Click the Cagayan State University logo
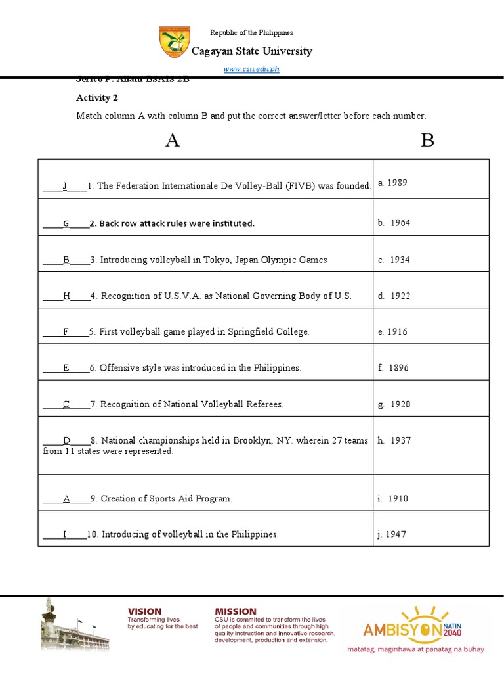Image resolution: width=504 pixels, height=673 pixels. click(173, 42)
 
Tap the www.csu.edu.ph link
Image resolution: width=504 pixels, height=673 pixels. click(251, 70)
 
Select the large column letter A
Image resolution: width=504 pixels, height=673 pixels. click(173, 141)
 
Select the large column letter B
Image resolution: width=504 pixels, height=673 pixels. click(427, 141)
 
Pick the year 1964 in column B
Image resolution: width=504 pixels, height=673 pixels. click(400, 223)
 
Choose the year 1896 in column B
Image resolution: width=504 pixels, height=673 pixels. click(398, 368)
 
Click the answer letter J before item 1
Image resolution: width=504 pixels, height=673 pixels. click(65, 186)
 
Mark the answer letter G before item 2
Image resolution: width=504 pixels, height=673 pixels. click(66, 223)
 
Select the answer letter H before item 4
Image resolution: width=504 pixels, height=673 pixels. click(66, 296)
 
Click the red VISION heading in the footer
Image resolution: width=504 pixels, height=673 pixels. click(144, 611)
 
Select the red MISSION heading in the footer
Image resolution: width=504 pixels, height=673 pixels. click(236, 611)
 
